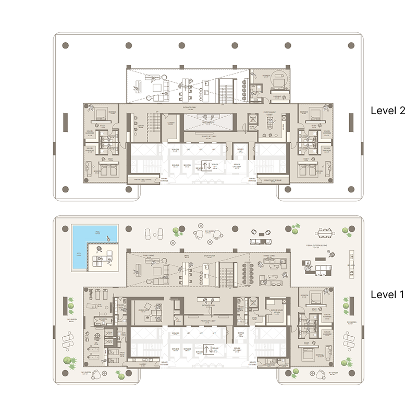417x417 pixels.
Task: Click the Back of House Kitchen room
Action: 275,311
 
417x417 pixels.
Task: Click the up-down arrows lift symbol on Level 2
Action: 207,166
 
